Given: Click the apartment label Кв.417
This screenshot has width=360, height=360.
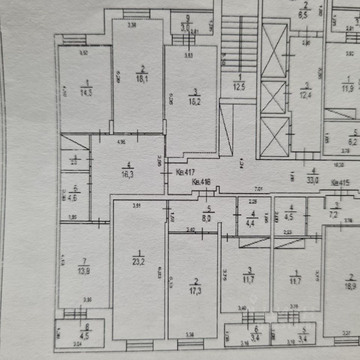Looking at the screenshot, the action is pos(184,172).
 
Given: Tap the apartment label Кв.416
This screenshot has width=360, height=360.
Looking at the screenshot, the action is pos(201,183).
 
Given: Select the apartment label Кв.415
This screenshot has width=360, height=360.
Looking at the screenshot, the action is pos(340,183).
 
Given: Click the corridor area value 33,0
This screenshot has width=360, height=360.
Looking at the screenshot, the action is pos(312,180).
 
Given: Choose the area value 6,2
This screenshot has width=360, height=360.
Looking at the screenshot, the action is pos(354,143).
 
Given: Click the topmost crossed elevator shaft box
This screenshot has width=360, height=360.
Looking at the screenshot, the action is pos(274,51).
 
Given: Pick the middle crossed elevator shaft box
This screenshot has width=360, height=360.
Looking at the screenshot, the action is pos(273,97).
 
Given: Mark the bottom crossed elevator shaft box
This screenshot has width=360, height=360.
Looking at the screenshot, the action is pos(274,136).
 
